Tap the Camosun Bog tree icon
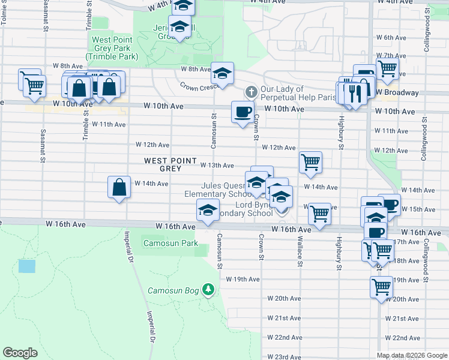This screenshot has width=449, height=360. [x=208, y=290]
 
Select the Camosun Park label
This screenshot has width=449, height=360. [x=170, y=244]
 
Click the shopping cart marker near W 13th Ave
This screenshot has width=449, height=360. [x=310, y=161]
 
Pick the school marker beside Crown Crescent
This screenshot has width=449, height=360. [x=222, y=74]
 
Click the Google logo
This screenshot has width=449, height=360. [x=20, y=353]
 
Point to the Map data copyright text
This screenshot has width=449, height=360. [x=411, y=355]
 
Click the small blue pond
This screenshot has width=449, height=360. [x=27, y=266]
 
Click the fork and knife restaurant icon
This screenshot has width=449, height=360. [x=355, y=93]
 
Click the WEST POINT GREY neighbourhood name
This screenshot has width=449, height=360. [x=170, y=164]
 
